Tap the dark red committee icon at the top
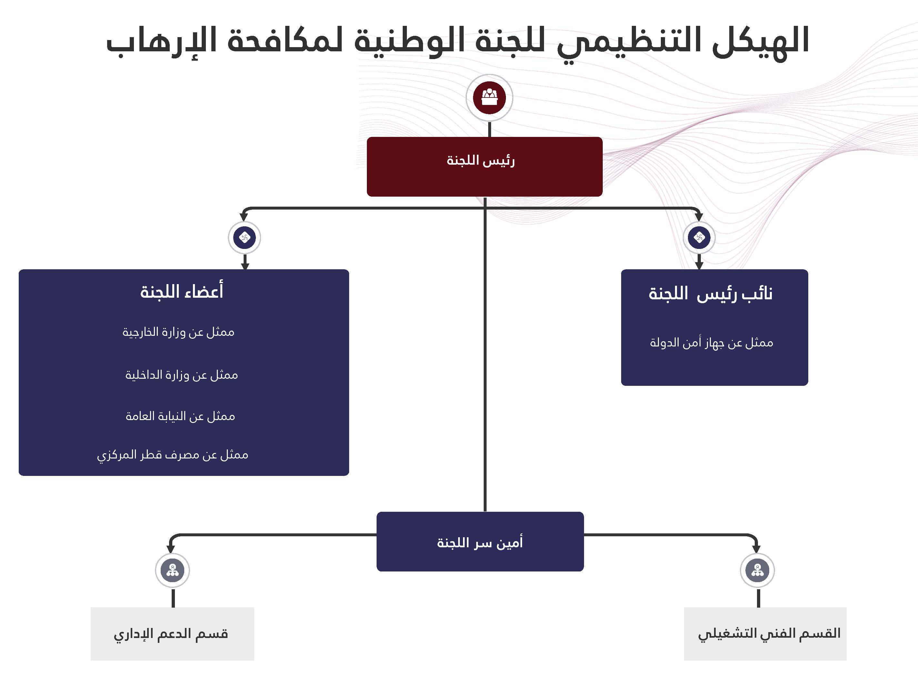click(x=489, y=98)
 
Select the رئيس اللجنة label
click(x=480, y=161)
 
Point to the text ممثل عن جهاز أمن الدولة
click(x=711, y=343)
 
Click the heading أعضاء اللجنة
click(x=182, y=292)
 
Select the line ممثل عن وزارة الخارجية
click(x=178, y=332)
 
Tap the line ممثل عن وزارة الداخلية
click(x=181, y=375)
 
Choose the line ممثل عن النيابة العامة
click(x=180, y=416)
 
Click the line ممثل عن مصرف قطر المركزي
click(x=173, y=455)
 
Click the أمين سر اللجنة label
click(x=480, y=543)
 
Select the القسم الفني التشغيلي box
click(x=765, y=634)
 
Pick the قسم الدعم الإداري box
click(x=172, y=634)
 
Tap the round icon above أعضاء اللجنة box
click(x=245, y=238)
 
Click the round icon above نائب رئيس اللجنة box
click(x=699, y=238)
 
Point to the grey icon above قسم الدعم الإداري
click(x=172, y=570)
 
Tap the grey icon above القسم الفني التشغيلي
click(x=757, y=570)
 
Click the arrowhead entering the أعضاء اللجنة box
click(x=245, y=265)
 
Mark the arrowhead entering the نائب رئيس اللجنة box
click(x=699, y=265)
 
